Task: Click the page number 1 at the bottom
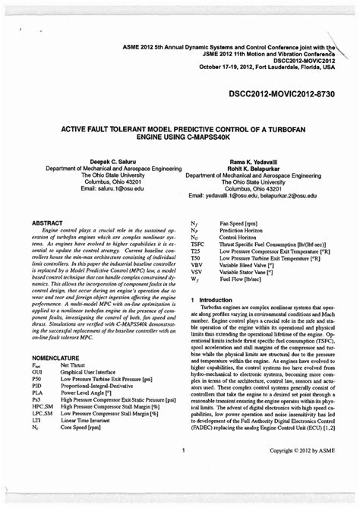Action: pos(184,450)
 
